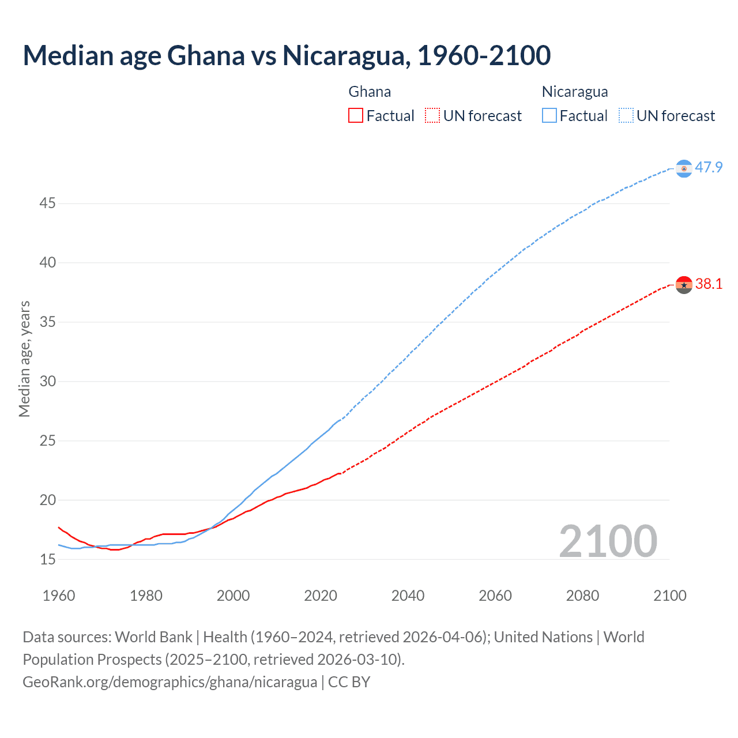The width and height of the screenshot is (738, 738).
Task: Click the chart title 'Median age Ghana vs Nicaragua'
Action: pos(287,55)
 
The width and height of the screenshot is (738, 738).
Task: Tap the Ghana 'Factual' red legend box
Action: pos(356,116)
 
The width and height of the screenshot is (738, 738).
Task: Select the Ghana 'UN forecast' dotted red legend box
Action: pos(432,116)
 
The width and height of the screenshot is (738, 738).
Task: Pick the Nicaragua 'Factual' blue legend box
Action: pos(549,116)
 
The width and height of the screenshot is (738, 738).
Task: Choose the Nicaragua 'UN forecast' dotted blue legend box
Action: pos(626,116)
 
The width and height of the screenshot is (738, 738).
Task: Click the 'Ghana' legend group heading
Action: pos(370,92)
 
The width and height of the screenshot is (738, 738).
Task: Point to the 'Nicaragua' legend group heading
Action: pos(575,92)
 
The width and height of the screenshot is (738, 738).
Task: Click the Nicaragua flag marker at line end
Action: pos(684,168)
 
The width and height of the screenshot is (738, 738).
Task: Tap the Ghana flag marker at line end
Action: pos(684,285)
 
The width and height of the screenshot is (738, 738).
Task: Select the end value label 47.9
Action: pos(709,168)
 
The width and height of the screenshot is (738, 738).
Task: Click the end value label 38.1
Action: pos(709,284)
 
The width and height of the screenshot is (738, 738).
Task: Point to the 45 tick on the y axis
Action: pos(47,204)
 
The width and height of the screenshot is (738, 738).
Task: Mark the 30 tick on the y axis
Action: pos(47,381)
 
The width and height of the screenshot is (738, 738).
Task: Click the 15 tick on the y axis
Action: pos(47,559)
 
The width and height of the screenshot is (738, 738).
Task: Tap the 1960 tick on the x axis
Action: pos(59,596)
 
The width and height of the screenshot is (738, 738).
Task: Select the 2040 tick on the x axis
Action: pos(408,596)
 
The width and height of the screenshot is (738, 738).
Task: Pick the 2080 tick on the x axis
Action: pos(582,596)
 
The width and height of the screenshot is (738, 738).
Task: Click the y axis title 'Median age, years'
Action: pos(24,359)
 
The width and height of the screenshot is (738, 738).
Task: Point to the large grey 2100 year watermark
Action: pos(608,541)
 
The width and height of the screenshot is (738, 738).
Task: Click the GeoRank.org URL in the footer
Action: pos(170,682)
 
